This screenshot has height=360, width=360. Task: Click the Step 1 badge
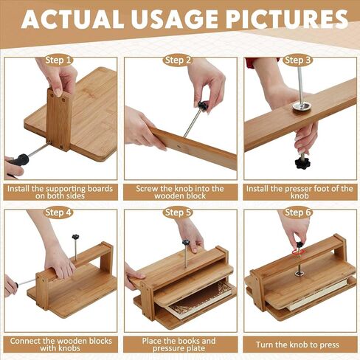pos(59,60)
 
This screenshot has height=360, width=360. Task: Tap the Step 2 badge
pos(179,60)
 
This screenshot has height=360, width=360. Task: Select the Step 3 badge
pos(298,60)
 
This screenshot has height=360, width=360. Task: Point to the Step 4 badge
pos(59,212)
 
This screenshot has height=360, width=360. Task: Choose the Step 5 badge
pos(178,212)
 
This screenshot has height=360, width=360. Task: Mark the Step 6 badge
pos(298,212)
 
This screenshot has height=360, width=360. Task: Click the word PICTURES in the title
pos(287,20)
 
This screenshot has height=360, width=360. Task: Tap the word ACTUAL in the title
pos(72,20)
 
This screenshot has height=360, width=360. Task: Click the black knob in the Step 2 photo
pos(203,106)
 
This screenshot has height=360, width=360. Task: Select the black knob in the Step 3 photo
pos(302,163)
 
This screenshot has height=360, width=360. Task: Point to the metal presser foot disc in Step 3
pos(302,107)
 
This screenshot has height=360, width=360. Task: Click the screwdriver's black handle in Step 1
pos(18,161)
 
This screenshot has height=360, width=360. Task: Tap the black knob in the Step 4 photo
pos(75,237)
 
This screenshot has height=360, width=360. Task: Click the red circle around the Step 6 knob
pos(298,252)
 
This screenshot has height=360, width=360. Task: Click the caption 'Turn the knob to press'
pos(297,345)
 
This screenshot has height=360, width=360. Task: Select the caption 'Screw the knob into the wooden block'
pos(180,193)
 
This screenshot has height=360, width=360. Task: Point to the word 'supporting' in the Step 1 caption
pos(66,189)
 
